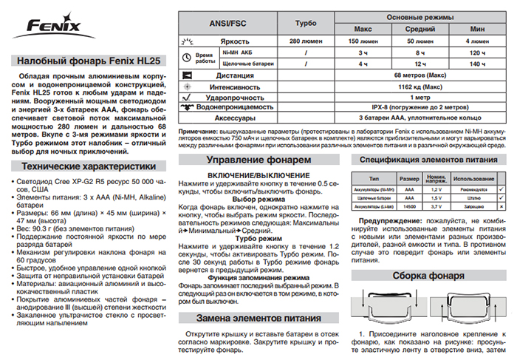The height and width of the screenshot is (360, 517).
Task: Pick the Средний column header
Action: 420,29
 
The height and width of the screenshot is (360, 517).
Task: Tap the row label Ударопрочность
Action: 236,96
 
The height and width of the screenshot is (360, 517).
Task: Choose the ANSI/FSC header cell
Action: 230,23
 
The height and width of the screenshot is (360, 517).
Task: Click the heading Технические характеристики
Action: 84,166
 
